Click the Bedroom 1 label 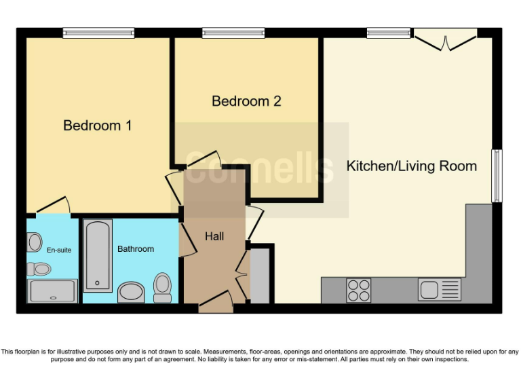click(97, 126)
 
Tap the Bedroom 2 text click(246, 101)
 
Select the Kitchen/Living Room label click(411, 166)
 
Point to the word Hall click(214, 236)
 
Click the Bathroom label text click(136, 249)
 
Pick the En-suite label click(59, 250)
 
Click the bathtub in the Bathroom click(98, 255)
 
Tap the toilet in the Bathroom click(163, 287)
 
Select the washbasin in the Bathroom click(131, 293)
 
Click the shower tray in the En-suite click(52, 291)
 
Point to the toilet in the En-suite click(39, 269)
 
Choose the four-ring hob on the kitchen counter click(359, 290)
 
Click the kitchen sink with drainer click(439, 290)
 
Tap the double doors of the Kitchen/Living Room click(446, 41)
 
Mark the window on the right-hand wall click(497, 176)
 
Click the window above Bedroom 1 click(98, 33)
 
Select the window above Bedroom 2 click(233, 33)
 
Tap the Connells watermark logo click(261, 170)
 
